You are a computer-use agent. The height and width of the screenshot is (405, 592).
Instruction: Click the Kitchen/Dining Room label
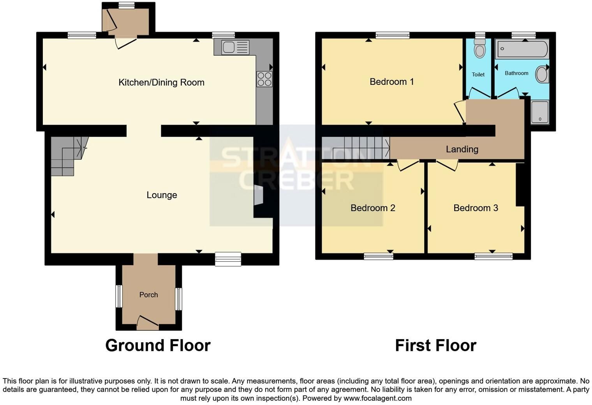coord(161,83)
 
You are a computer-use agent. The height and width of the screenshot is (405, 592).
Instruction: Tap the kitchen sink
coord(235,47)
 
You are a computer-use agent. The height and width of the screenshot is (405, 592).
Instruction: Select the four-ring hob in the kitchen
coord(264,79)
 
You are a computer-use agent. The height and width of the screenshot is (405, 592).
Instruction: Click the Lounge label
coord(162,195)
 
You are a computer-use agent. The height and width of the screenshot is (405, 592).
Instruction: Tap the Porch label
coord(148,294)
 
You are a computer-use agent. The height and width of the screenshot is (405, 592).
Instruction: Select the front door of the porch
coord(148,323)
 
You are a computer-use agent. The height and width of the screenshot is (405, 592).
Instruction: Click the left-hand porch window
coord(119,296)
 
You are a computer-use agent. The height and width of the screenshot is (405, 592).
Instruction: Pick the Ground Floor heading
coord(158,345)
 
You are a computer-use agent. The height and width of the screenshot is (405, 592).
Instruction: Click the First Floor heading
coord(435,345)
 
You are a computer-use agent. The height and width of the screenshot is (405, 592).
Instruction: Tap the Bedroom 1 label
coord(392,82)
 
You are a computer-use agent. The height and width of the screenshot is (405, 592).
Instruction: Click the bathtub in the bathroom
coord(522,49)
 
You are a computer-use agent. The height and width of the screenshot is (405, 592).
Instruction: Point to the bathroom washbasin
coord(542,74)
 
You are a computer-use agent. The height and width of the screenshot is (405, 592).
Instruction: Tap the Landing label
coord(462,149)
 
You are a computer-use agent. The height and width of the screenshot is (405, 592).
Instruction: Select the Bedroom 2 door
coord(409,165)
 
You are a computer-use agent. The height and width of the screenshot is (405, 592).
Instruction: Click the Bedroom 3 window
coord(493,256)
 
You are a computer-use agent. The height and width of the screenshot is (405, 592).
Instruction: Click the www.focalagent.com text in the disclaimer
coord(377,398)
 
